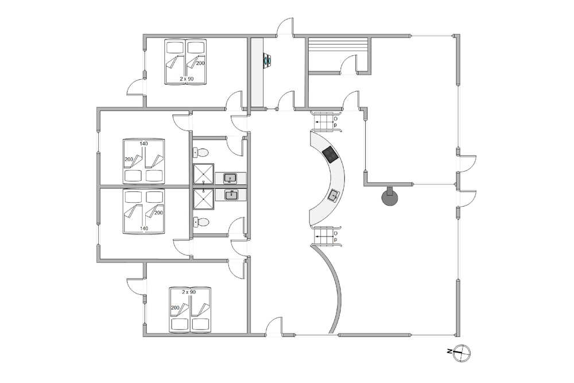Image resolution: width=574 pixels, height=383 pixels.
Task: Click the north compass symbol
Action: [x=461, y=353]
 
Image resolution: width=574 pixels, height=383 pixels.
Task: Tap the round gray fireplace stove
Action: [x=390, y=198]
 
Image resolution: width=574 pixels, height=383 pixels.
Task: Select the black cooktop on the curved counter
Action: [x=330, y=154]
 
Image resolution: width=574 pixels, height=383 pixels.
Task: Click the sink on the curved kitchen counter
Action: [x=334, y=196]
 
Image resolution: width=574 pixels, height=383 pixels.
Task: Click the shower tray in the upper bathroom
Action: [x=203, y=173]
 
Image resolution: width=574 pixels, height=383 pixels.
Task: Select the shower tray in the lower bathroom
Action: [x=203, y=200]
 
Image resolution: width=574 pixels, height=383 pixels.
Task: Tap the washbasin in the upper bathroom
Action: [x=230, y=179]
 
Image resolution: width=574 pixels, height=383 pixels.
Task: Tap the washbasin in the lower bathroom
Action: [x=231, y=195]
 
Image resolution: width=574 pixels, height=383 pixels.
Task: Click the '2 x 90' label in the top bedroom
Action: [x=187, y=79]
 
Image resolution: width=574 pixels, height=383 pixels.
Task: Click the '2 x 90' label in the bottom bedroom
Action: [x=189, y=292]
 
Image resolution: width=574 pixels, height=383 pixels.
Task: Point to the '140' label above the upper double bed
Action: [x=144, y=144]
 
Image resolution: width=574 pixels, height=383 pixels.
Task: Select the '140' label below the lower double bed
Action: [x=144, y=229]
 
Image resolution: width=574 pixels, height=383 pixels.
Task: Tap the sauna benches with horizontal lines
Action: [x=338, y=45]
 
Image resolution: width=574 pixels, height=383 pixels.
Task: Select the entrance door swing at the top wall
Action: [x=285, y=27]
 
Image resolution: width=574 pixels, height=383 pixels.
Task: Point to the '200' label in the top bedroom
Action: [x=200, y=63]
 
